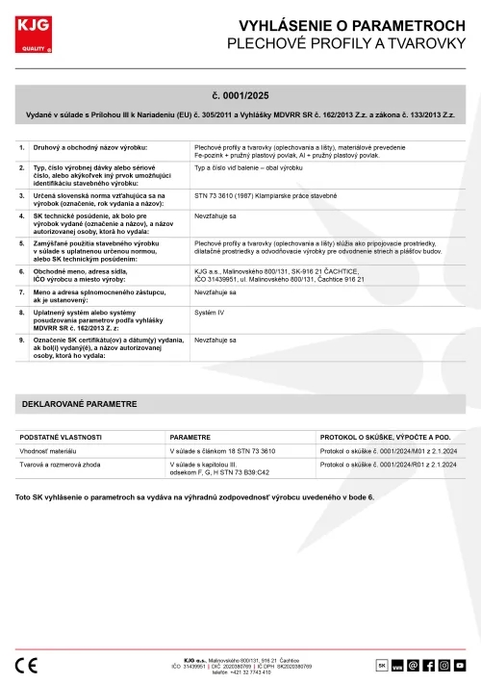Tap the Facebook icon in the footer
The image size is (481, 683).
pos(428,664)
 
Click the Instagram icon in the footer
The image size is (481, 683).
pos(444,664)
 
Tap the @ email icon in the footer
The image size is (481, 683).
pos(413,664)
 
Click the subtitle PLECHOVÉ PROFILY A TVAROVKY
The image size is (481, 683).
pos(346,44)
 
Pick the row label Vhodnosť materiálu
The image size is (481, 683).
pos(48,450)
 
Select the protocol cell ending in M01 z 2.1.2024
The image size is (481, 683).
pos(388,450)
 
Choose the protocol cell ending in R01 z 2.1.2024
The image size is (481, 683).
pos(388,464)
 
